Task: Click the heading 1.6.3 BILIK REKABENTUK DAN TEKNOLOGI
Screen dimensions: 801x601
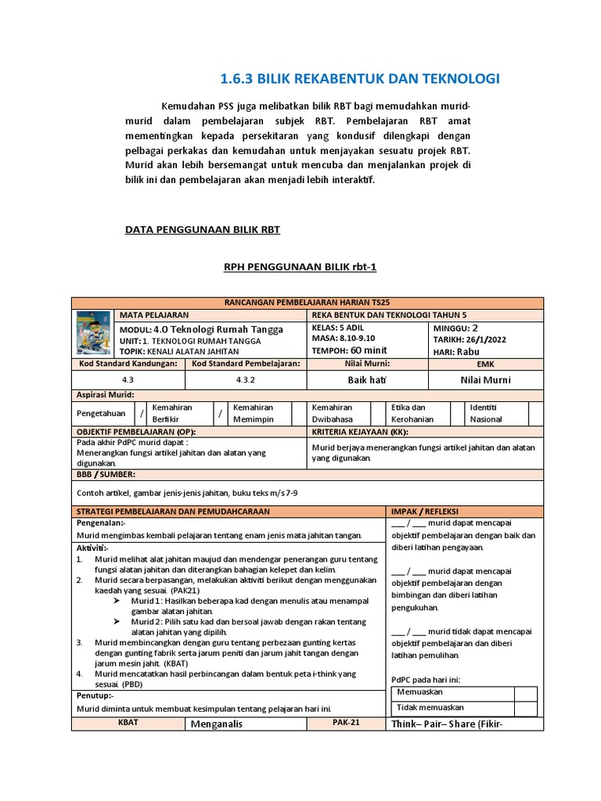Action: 359,79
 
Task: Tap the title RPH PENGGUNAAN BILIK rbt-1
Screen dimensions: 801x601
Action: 300,268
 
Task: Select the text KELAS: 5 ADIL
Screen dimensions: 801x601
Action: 339,329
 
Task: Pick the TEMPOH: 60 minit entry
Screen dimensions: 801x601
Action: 349,350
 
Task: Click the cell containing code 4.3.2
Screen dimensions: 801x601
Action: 246,380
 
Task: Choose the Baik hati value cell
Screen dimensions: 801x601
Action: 368,380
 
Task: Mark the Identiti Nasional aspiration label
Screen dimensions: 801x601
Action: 490,413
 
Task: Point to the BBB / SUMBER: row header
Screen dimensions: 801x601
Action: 106,474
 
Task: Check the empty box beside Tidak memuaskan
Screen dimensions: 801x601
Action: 525,708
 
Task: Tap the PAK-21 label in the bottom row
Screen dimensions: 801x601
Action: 344,723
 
